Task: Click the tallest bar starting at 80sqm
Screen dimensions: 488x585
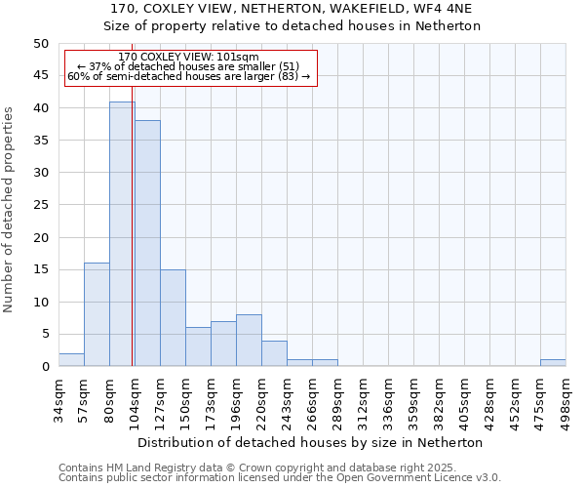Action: pyautogui.click(x=122, y=234)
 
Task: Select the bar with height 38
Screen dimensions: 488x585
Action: pyautogui.click(x=147, y=244)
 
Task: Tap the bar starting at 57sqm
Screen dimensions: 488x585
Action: pyautogui.click(x=97, y=314)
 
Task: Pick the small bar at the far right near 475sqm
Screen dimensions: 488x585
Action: pyautogui.click(x=553, y=363)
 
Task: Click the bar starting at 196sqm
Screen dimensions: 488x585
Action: pyautogui.click(x=249, y=341)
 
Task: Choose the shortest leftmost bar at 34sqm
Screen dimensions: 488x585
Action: pyautogui.click(x=71, y=360)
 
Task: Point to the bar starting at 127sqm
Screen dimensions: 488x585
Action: pyautogui.click(x=173, y=318)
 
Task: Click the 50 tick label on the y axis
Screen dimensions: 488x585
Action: pyautogui.click(x=40, y=44)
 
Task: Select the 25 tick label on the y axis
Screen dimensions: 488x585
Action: pyautogui.click(x=40, y=205)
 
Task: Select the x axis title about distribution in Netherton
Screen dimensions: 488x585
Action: pyautogui.click(x=312, y=442)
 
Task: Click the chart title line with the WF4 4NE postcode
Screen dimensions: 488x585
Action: pyautogui.click(x=292, y=8)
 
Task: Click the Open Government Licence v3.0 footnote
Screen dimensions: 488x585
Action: pyautogui.click(x=280, y=478)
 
